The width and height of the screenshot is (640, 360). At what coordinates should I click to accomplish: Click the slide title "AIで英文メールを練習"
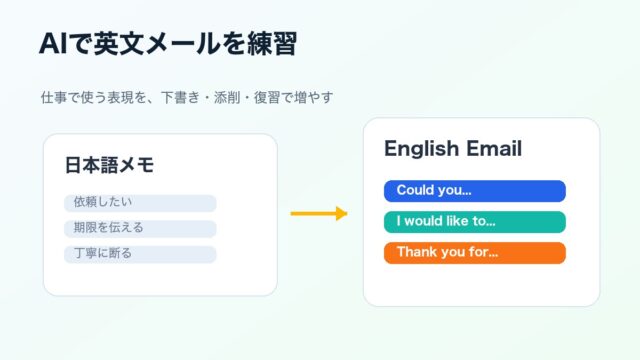(x=168, y=43)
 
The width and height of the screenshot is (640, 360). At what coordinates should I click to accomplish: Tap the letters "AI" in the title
(x=53, y=44)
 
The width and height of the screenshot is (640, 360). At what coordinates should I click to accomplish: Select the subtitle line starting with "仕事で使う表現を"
(x=187, y=98)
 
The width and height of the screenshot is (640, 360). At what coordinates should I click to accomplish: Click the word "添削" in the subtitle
(x=227, y=98)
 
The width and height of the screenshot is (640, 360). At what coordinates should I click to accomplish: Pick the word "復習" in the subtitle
(x=267, y=98)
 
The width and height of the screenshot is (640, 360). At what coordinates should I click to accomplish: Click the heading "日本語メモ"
(x=109, y=165)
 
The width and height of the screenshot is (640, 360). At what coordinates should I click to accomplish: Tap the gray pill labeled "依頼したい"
(x=140, y=203)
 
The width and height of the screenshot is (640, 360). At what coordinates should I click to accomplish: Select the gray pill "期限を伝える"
(x=140, y=229)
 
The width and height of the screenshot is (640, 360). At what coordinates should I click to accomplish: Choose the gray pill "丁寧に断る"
(x=140, y=254)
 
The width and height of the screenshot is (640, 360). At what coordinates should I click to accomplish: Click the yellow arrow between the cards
(x=319, y=213)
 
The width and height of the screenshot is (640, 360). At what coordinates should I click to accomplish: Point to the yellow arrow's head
(x=342, y=213)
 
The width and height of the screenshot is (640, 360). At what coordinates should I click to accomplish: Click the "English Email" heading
(x=453, y=149)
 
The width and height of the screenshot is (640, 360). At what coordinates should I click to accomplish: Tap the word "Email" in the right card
(x=494, y=148)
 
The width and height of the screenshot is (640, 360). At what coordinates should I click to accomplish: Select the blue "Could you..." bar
(x=475, y=191)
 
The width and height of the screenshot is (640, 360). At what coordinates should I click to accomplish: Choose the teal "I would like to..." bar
(x=475, y=222)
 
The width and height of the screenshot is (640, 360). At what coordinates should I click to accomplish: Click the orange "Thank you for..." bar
(x=475, y=253)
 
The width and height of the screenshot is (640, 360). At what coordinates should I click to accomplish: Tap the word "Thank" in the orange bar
(x=415, y=251)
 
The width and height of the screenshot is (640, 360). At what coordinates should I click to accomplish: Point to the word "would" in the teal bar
(x=423, y=221)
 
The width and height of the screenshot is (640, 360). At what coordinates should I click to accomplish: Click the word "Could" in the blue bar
(x=415, y=190)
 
